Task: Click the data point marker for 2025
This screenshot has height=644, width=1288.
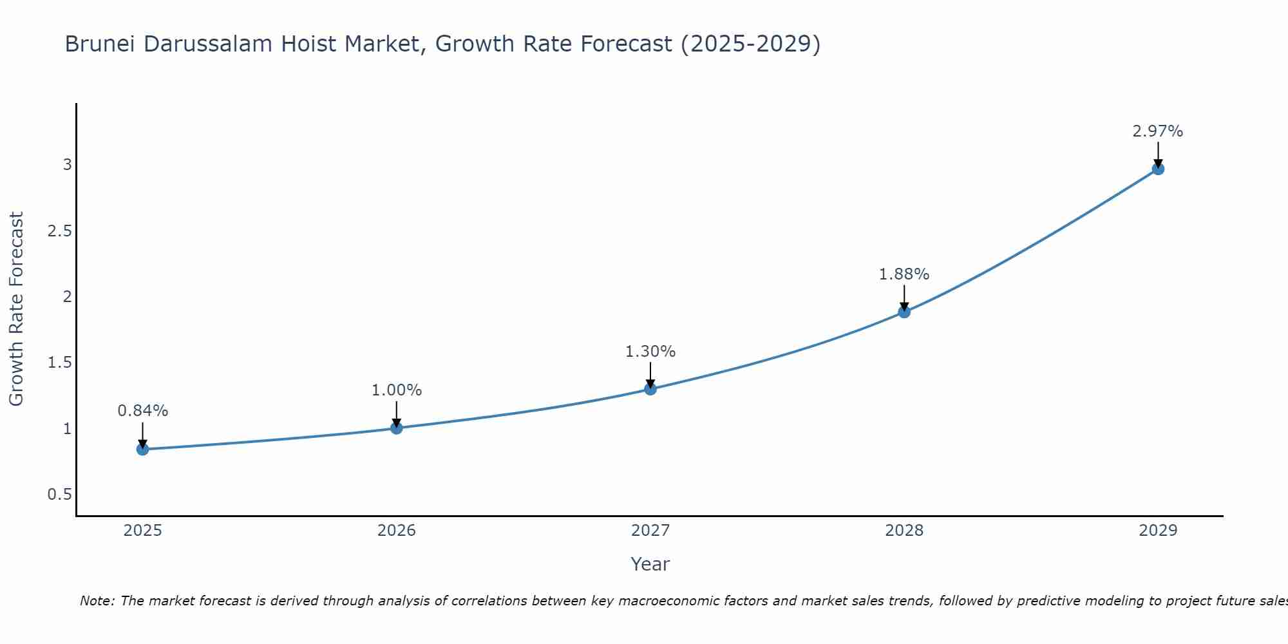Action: click(142, 449)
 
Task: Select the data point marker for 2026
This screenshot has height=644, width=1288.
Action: click(396, 428)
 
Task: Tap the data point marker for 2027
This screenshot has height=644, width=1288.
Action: click(650, 388)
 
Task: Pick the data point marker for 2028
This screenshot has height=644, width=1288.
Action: click(904, 312)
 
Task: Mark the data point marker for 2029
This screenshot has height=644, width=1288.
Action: click(1157, 169)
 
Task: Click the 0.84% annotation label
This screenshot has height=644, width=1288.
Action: click(142, 411)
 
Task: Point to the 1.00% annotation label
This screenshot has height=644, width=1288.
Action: click(396, 390)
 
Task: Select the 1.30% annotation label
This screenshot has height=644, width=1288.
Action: click(650, 352)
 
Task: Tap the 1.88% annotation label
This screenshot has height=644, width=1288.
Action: click(904, 274)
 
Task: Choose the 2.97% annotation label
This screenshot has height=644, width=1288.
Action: click(1157, 131)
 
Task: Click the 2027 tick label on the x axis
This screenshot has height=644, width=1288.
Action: click(650, 531)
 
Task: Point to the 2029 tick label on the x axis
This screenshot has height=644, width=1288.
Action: click(1157, 531)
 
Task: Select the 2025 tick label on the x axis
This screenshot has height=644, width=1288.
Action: click(142, 531)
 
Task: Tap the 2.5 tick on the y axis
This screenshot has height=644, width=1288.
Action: click(59, 231)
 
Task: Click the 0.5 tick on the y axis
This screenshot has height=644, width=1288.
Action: click(59, 495)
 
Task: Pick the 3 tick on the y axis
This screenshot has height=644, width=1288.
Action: click(67, 165)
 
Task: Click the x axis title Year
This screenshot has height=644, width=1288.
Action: click(650, 564)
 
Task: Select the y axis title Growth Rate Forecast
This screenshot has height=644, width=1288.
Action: click(17, 309)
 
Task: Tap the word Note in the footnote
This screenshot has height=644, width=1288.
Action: click(96, 601)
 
